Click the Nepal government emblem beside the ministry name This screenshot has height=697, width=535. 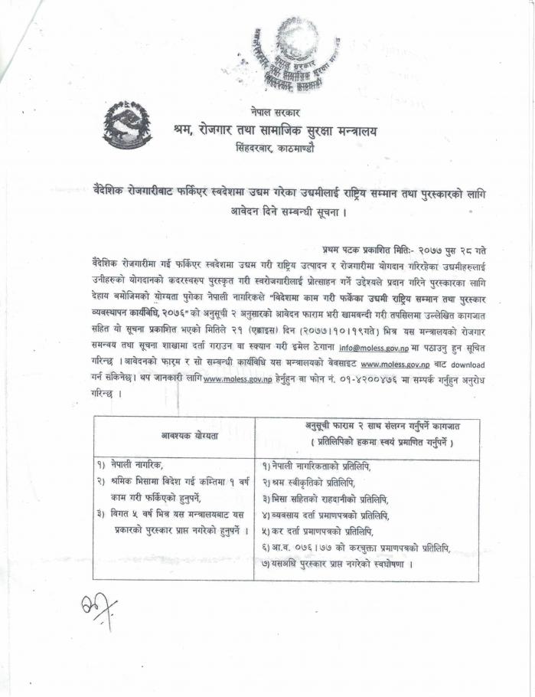pyautogui.click(x=128, y=126)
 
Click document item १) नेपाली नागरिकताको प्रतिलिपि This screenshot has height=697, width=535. pyautogui.click(x=326, y=466)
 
